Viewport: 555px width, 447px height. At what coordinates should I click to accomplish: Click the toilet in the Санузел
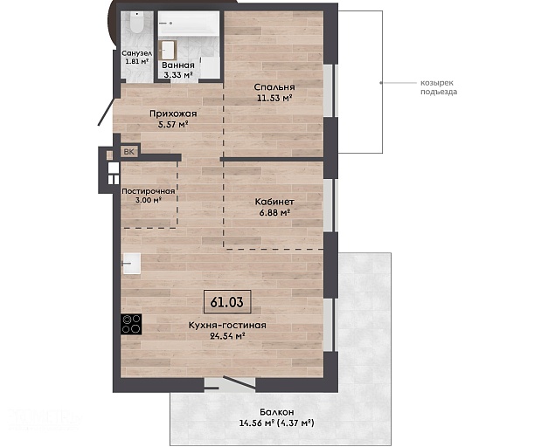click(136, 23)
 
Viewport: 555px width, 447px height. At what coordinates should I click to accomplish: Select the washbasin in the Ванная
click(168, 50)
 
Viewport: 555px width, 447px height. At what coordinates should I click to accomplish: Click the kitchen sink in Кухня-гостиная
click(131, 264)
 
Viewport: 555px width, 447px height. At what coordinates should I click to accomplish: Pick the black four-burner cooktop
click(131, 324)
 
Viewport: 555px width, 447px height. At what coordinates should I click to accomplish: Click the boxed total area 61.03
click(227, 302)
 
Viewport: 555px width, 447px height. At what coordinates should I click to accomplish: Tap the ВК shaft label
click(129, 152)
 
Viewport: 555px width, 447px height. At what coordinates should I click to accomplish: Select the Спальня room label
click(274, 87)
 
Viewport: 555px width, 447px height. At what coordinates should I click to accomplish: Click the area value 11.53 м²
click(274, 98)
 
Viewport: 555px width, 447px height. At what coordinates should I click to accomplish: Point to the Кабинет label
click(274, 202)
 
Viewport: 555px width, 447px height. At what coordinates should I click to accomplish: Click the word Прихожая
click(173, 113)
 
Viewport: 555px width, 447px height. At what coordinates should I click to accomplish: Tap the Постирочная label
click(149, 191)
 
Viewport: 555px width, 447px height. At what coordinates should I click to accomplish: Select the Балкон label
click(276, 412)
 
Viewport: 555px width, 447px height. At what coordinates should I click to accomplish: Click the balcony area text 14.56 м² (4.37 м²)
click(277, 423)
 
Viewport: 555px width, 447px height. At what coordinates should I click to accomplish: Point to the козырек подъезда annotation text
click(439, 87)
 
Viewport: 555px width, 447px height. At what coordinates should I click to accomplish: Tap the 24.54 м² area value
click(228, 336)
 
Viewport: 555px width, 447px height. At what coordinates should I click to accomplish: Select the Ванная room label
click(178, 65)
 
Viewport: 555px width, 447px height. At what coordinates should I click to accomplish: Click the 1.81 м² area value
click(136, 61)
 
